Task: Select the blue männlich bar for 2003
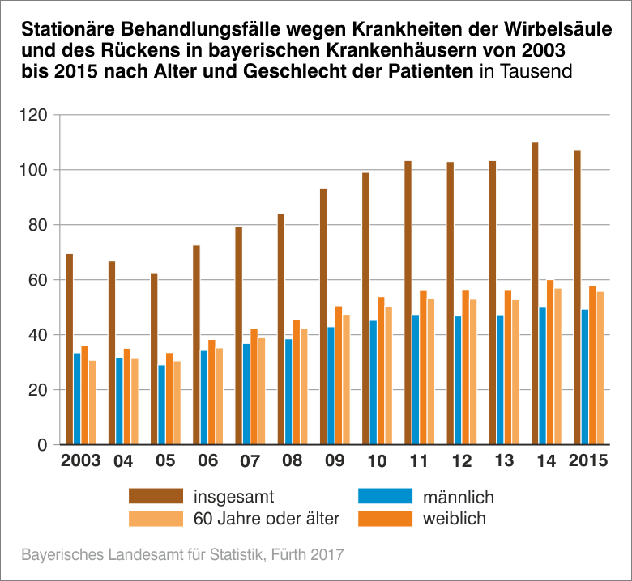[x=77, y=399]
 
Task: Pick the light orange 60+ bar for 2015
[x=600, y=368]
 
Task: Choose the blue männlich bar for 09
[x=331, y=386]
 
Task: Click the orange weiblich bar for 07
[x=254, y=387]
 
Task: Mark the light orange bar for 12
[x=473, y=372]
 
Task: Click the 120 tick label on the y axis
[x=35, y=115]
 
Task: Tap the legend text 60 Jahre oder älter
[x=267, y=518]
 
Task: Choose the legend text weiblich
[x=455, y=518]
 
